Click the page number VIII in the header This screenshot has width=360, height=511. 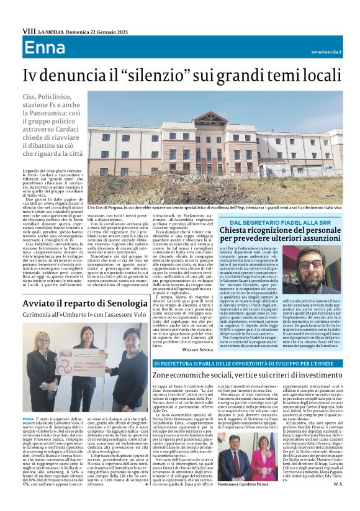point(29,30)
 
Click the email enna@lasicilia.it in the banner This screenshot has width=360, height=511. point(326,52)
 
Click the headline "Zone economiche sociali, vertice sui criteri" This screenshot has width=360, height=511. point(247,376)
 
